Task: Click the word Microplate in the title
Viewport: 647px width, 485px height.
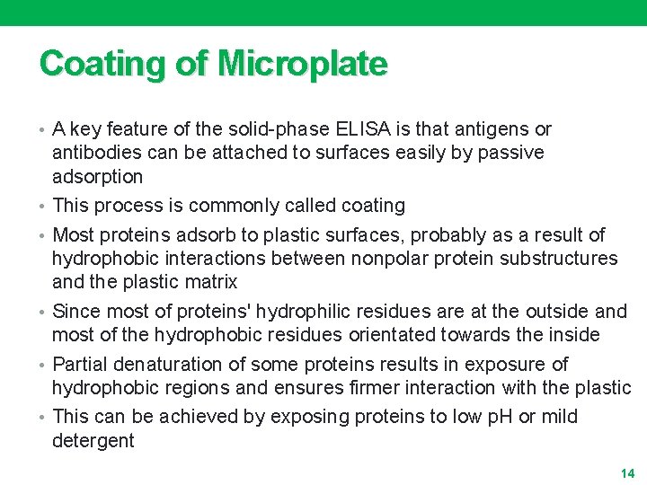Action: [x=302, y=65]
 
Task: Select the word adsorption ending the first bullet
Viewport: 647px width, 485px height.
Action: [x=97, y=176]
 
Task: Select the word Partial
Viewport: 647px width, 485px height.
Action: [x=80, y=365]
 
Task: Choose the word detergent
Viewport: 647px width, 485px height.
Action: [x=93, y=440]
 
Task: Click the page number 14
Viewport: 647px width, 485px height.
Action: [x=627, y=473]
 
